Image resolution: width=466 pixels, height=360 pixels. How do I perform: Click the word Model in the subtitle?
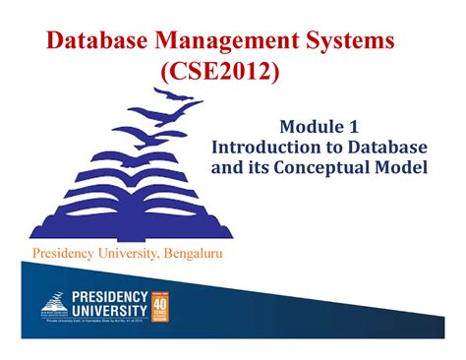[401, 167]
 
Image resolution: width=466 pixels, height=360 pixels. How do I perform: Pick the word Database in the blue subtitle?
[388, 147]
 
